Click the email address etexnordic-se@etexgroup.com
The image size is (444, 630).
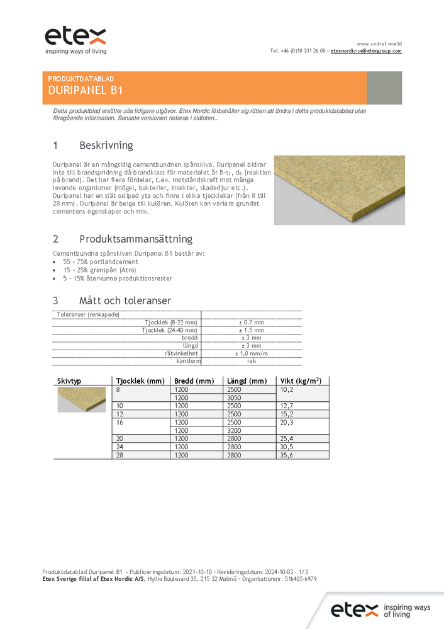[366, 50]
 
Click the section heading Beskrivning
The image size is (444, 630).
[106, 146]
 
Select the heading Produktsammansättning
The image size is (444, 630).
[136, 239]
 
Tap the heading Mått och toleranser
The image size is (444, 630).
[125, 301]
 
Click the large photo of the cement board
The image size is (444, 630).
[339, 190]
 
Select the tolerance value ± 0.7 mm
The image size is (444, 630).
[251, 322]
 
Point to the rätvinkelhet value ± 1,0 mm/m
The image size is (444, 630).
[251, 354]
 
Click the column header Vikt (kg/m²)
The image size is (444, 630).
[301, 381]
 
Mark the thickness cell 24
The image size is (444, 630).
[120, 446]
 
